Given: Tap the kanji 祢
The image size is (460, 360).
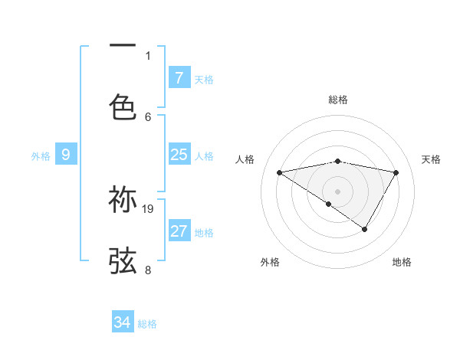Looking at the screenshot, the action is click(123, 199).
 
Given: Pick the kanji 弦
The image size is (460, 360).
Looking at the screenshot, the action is click(123, 260).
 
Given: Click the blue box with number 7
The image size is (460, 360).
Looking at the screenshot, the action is click(179, 77).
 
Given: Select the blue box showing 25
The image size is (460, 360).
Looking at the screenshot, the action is click(179, 155).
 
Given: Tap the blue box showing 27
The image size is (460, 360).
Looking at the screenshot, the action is click(179, 231).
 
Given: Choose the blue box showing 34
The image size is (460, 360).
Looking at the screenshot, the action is click(123, 322).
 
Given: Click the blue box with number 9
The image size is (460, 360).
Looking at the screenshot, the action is click(66, 155).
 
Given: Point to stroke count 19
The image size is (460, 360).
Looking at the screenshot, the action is click(149, 208).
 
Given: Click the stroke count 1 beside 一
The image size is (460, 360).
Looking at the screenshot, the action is click(148, 55).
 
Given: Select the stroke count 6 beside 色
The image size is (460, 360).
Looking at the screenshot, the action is click(148, 116).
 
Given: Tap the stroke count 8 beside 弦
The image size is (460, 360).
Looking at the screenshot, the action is click(148, 270).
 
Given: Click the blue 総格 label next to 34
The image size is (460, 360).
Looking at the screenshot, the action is click(147, 324).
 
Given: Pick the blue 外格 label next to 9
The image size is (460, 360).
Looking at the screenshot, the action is click(41, 156).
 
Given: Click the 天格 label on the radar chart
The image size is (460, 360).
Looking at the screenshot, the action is click(431, 159).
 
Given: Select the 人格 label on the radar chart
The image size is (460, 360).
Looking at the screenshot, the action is click(245, 159).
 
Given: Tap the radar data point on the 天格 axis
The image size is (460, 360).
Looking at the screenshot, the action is click(396, 172).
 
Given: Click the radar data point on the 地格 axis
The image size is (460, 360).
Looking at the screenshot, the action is click(365, 229).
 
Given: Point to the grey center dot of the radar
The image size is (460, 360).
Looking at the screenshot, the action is click(337, 191).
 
